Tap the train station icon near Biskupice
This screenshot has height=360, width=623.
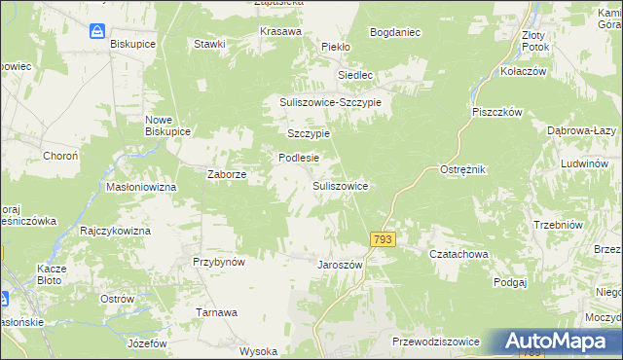click(98, 32)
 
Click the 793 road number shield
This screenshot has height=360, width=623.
click(383, 238)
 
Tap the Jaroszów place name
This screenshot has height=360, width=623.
click(340, 264)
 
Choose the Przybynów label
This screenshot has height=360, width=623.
click(218, 262)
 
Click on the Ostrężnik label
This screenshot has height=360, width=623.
click(462, 169)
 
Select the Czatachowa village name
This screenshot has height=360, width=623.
click(458, 254)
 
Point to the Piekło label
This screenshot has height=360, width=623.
click(336, 46)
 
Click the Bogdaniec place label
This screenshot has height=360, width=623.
click(395, 32)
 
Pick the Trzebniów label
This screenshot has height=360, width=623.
click(558, 226)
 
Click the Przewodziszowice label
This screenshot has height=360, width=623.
click(435, 342)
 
